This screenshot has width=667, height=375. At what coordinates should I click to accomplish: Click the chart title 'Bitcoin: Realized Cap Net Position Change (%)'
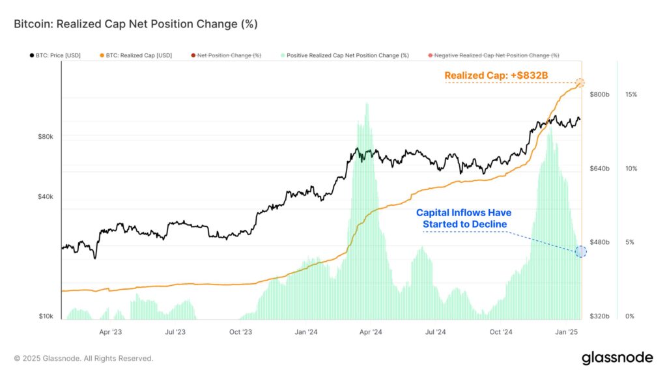(x=135, y=24)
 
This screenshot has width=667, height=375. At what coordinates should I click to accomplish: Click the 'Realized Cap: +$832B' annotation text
(x=496, y=76)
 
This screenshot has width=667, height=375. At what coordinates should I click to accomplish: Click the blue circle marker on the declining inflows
(x=581, y=252)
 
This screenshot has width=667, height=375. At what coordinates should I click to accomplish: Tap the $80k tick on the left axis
(x=46, y=137)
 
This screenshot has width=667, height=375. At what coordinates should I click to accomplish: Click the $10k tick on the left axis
(x=46, y=316)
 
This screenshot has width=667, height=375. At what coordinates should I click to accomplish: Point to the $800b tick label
(x=600, y=94)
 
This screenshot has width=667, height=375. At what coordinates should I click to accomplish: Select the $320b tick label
(x=600, y=316)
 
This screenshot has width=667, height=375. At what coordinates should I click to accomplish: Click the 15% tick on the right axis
(x=631, y=94)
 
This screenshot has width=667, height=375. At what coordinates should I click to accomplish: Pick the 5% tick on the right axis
(x=629, y=242)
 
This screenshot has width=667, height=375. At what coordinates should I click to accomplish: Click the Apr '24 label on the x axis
(x=370, y=332)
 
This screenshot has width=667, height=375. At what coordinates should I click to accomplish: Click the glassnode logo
(x=616, y=357)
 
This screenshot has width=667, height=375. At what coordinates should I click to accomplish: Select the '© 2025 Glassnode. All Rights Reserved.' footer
(x=83, y=358)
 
